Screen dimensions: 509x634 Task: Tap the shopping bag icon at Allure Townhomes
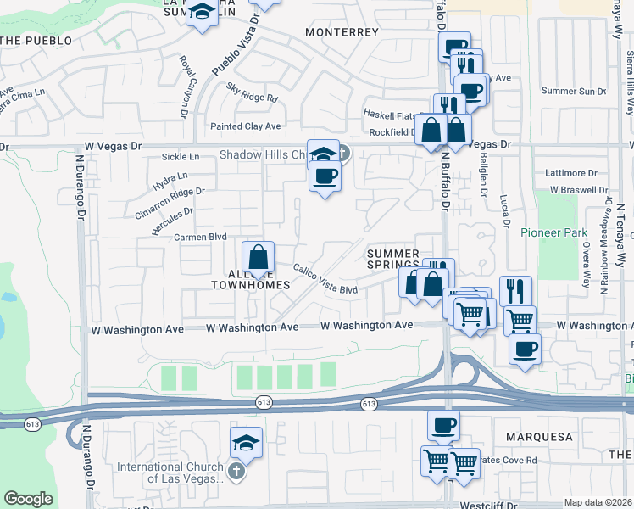pos(259,257)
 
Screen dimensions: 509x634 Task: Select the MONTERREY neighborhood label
pos(342,32)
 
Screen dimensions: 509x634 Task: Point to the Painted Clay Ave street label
pos(245,126)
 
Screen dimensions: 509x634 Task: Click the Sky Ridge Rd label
pos(253,92)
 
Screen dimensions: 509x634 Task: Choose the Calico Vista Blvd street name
pos(325,279)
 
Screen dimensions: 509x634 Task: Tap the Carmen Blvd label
pos(201,238)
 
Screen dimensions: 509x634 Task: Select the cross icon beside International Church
pos(236,470)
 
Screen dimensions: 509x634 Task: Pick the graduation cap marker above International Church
pos(246,443)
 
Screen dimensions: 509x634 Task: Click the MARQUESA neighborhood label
pos(539,437)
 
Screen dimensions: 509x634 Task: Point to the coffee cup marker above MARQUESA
pos(442,425)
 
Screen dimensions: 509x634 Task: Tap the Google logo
pos(29,498)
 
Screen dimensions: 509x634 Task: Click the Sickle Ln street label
pos(181,157)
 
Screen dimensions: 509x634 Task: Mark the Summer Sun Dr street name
pos(574,91)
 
